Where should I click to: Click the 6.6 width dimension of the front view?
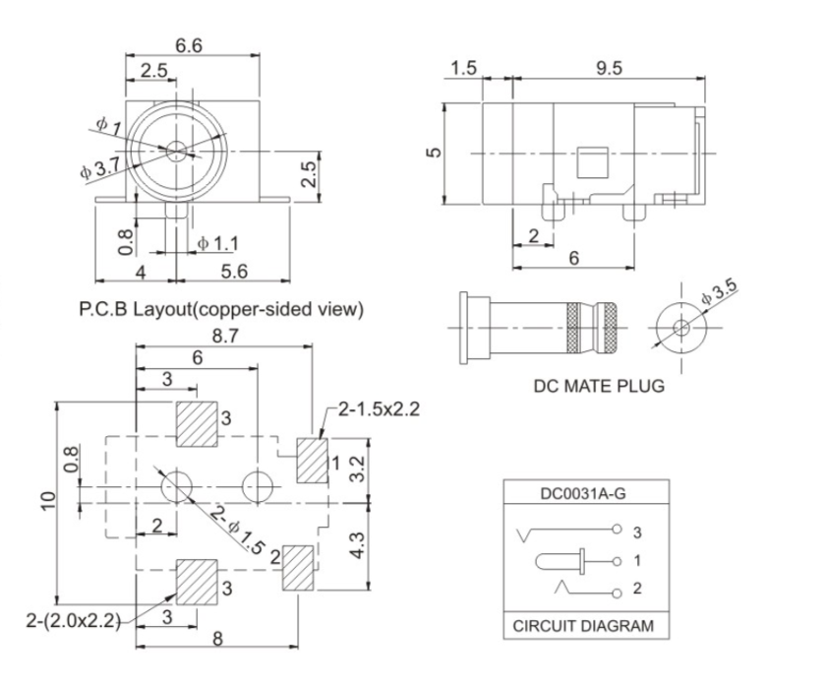(x=189, y=45)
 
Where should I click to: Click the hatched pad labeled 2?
(x=298, y=567)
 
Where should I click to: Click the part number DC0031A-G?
(x=586, y=494)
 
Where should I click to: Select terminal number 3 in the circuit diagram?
(x=637, y=532)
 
